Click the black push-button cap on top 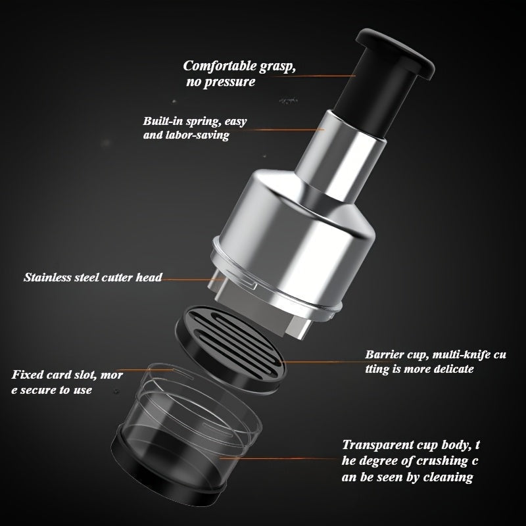[395, 53]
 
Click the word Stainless [47, 277]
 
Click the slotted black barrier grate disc [231, 349]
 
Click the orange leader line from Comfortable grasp [314, 76]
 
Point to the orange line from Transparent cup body [277, 458]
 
